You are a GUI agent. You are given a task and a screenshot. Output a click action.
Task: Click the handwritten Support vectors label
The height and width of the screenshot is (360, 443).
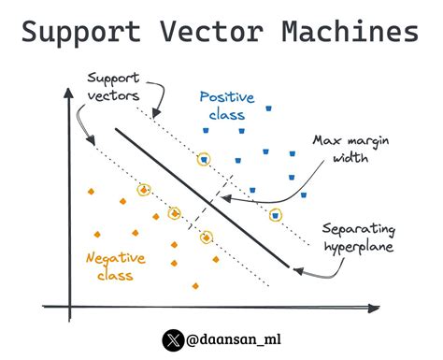[115, 87]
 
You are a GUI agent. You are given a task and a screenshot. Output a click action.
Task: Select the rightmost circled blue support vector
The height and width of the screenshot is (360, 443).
[275, 215]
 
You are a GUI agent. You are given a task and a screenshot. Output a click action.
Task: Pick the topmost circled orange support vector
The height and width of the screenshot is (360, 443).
[143, 190]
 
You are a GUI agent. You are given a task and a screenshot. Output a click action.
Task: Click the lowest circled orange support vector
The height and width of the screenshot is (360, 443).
[206, 238]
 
